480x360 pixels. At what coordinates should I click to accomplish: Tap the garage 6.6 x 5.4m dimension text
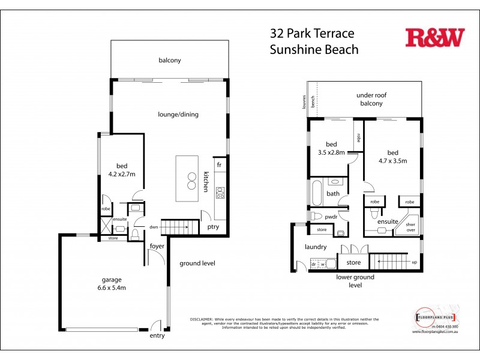click(x=113, y=288)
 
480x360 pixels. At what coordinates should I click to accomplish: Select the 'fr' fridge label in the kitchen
click(x=220, y=164)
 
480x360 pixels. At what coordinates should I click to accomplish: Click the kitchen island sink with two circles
click(x=192, y=181)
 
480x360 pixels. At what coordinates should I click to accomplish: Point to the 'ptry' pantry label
click(x=213, y=227)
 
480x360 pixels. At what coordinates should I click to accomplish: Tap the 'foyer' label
click(x=157, y=246)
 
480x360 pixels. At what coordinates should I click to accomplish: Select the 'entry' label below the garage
click(x=157, y=335)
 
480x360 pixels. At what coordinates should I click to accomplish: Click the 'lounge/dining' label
click(x=178, y=115)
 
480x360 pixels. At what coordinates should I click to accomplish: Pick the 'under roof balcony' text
click(x=374, y=99)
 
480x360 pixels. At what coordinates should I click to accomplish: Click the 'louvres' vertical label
click(x=305, y=102)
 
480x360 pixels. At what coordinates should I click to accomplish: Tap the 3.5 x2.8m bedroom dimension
click(x=331, y=152)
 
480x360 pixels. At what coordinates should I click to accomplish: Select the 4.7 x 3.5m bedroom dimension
click(x=393, y=160)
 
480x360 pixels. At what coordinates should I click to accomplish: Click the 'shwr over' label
click(x=411, y=225)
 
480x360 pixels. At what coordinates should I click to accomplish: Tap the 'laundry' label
click(x=315, y=247)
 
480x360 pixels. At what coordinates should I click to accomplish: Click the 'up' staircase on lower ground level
click(x=393, y=262)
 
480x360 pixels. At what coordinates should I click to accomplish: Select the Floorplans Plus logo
click(x=436, y=316)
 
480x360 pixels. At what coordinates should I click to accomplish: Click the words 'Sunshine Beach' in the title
click(x=314, y=50)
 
